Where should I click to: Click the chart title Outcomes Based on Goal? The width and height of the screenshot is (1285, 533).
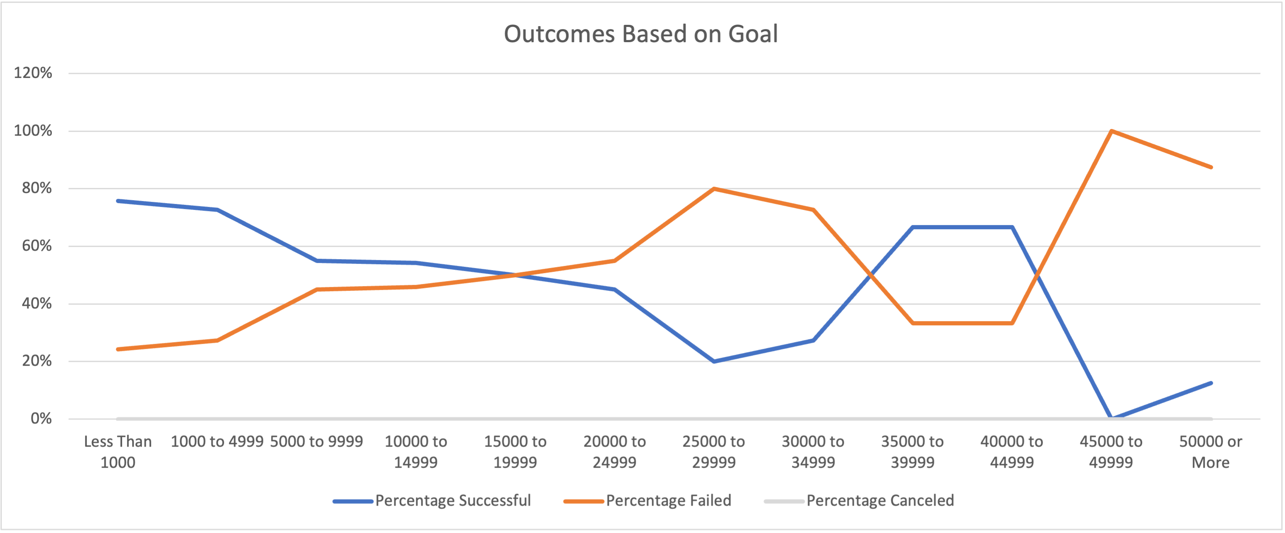pos(640,34)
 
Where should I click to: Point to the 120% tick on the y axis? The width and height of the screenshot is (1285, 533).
pos(33,73)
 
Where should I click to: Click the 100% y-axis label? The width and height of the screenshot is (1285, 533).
pos(33,131)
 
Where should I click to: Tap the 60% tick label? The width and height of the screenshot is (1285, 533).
pos(36,246)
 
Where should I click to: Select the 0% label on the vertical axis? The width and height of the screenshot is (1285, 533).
pos(41,418)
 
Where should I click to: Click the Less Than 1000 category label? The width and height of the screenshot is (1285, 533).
pos(118,452)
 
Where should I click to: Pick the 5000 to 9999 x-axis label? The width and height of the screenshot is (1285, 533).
pos(316,442)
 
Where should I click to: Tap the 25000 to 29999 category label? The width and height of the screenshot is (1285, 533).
pos(713,452)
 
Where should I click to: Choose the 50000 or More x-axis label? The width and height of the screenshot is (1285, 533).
pos(1210,452)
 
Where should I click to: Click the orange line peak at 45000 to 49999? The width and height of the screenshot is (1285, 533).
pos(1112,131)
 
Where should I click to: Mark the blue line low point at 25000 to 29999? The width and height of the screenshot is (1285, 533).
pos(714,361)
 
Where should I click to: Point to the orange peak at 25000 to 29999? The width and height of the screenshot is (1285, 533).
pos(714,189)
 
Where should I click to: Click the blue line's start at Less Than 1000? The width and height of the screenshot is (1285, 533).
pos(118,201)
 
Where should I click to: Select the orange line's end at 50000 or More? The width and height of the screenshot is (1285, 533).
pos(1210,167)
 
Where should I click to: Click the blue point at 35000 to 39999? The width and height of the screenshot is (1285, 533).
pos(912,227)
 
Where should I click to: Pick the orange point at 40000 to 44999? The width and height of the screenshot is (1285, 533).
pos(1012,323)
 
